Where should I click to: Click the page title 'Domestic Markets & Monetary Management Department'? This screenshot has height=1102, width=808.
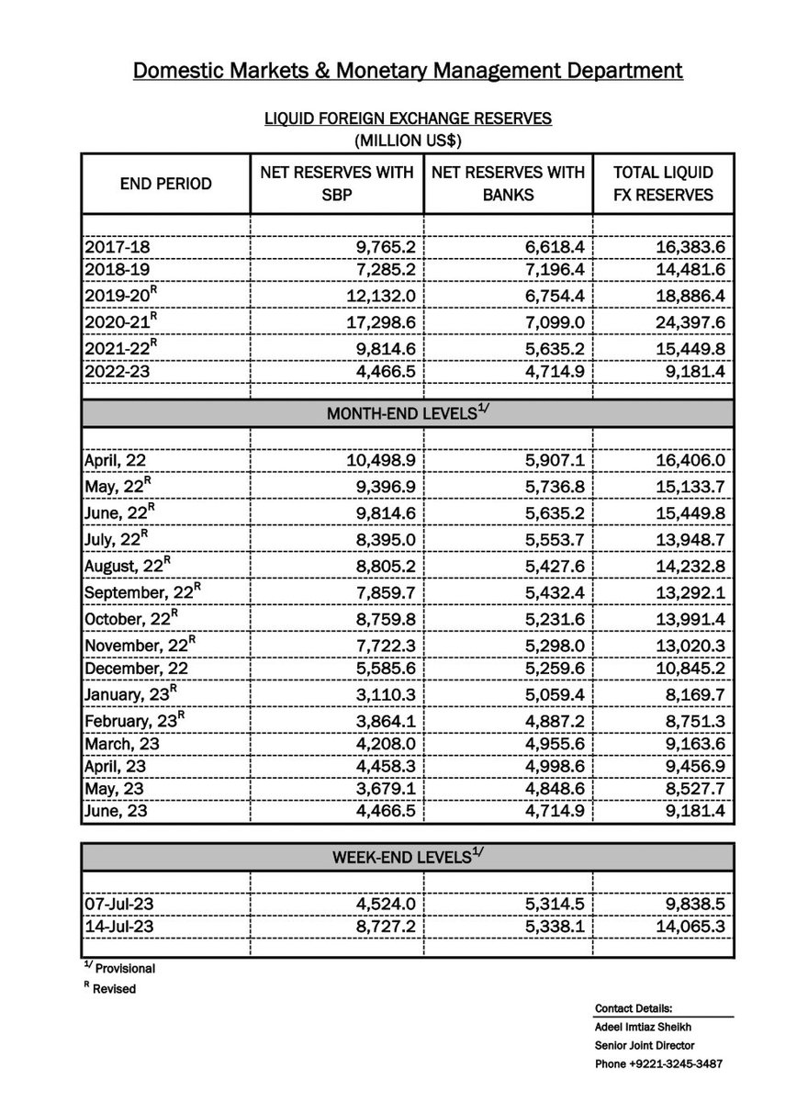[408, 71]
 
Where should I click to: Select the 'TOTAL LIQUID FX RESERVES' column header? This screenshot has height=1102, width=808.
[663, 184]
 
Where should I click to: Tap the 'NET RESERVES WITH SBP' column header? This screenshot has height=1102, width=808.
[336, 184]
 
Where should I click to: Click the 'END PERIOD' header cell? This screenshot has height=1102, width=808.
[166, 184]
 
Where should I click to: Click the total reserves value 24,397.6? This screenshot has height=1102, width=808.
[687, 324]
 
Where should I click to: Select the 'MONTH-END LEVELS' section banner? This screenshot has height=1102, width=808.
[408, 413]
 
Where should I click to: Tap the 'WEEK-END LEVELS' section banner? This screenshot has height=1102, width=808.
[408, 858]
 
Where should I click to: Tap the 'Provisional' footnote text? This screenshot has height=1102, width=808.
[123, 969]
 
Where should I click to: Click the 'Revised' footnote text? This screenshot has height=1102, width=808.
[114, 989]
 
